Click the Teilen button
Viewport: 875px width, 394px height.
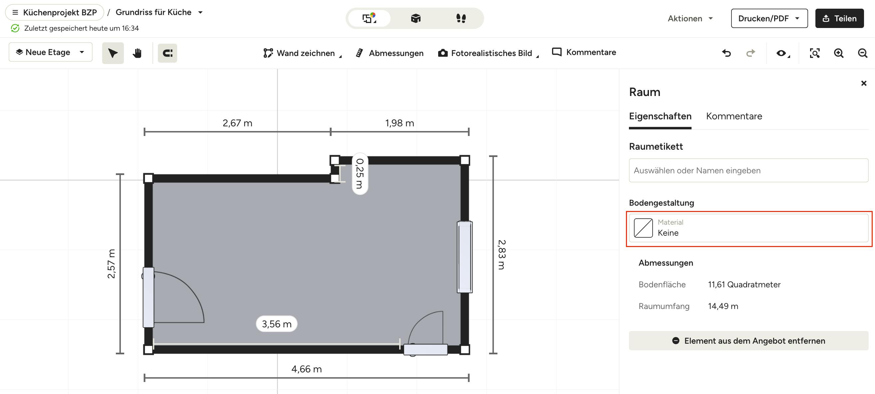click(839, 18)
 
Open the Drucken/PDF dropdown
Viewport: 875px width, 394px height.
click(769, 18)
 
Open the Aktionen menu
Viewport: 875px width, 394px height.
click(690, 18)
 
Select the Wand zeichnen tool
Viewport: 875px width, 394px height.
click(302, 53)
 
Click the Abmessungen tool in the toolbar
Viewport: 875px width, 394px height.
click(390, 53)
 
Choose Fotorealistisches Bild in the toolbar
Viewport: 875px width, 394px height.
click(488, 53)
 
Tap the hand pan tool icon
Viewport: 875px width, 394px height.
click(137, 53)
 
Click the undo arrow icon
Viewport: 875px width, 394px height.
click(726, 53)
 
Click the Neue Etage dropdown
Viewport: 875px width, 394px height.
click(51, 52)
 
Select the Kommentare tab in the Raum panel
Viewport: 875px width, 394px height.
click(734, 116)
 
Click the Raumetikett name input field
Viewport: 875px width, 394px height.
click(748, 170)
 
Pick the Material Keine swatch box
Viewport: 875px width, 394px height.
click(643, 228)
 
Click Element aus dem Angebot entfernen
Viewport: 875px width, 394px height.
click(748, 341)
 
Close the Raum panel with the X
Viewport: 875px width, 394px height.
click(864, 83)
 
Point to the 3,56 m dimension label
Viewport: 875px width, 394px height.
click(276, 324)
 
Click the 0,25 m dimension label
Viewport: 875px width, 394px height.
click(360, 174)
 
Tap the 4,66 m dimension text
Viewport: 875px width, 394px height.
click(306, 369)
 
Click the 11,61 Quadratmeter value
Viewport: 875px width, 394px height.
click(744, 285)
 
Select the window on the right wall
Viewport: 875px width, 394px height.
click(465, 257)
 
